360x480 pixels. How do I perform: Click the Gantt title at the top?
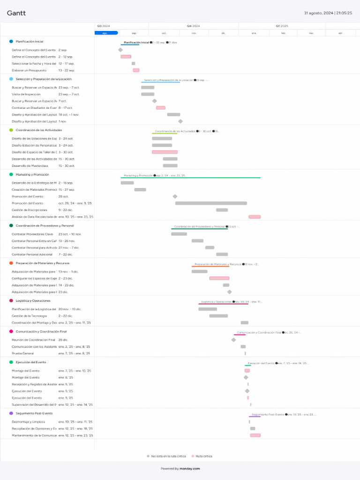(x=16, y=13)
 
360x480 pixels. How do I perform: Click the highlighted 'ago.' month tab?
(x=106, y=33)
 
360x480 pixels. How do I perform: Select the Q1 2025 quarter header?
(x=282, y=26)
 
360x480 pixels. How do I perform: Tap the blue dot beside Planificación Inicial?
(x=11, y=41)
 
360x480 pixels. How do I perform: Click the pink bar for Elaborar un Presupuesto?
(x=136, y=70)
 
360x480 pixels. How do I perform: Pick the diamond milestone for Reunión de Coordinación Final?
(x=233, y=340)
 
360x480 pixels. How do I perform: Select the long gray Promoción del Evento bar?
(x=211, y=203)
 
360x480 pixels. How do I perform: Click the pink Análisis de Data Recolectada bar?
(x=255, y=217)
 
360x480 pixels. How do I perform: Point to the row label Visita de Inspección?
(x=26, y=94)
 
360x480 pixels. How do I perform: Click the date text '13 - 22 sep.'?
(x=67, y=70)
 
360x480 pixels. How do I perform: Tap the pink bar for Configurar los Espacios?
(x=219, y=278)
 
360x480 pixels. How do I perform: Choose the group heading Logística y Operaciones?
(x=33, y=300)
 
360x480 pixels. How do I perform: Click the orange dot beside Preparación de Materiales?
(x=11, y=263)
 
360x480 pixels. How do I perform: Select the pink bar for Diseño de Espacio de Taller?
(x=165, y=152)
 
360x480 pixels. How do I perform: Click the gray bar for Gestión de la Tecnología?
(x=218, y=316)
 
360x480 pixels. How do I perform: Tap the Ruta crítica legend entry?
(x=203, y=456)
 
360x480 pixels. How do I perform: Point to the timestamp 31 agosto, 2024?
(x=319, y=13)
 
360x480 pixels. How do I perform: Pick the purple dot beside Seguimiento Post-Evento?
(x=11, y=413)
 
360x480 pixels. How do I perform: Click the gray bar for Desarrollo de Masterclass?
(x=170, y=165)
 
